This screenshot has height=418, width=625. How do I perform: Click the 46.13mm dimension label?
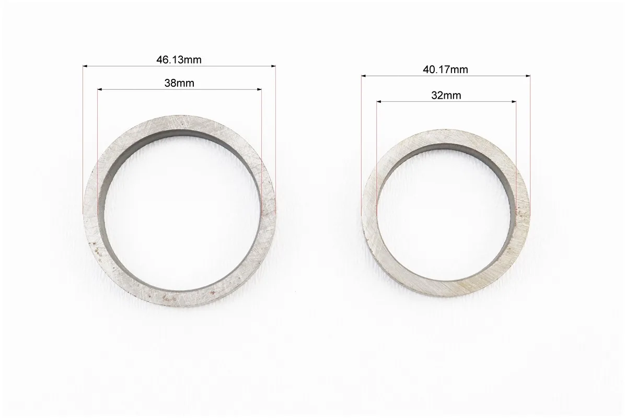[x=179, y=60]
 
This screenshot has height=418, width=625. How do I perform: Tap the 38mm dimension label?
[x=179, y=83]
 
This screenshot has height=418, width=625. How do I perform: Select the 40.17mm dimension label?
[x=446, y=69]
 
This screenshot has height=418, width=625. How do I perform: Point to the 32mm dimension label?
[x=446, y=96]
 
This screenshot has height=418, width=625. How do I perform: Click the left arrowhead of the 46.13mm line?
[x=85, y=66]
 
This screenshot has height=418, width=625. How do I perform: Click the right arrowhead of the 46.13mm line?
[x=273, y=66]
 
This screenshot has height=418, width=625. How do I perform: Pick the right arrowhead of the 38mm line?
[x=260, y=90]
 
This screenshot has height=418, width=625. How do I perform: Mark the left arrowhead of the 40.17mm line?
[x=364, y=76]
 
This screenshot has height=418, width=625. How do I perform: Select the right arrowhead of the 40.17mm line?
[x=528, y=76]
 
